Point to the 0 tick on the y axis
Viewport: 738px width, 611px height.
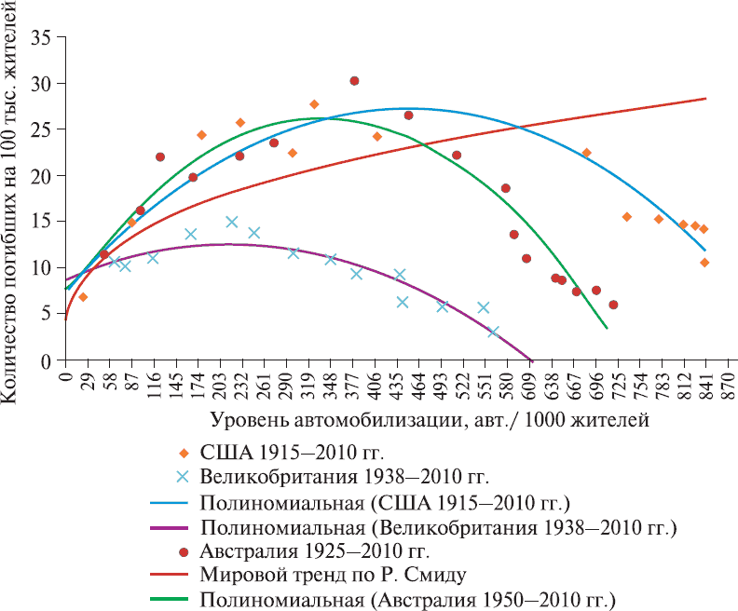click(x=46, y=360)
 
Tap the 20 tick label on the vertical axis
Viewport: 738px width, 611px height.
click(x=42, y=175)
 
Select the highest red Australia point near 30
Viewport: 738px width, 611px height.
click(x=354, y=81)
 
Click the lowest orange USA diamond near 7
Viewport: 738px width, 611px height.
click(x=83, y=297)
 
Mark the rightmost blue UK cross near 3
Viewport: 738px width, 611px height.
click(x=493, y=332)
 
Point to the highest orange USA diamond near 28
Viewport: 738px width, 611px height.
click(x=314, y=104)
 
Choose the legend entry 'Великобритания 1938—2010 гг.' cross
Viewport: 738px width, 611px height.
click(x=183, y=477)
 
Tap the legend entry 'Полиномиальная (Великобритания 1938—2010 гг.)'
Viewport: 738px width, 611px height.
click(x=437, y=525)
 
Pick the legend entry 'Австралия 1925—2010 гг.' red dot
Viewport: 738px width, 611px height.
click(x=183, y=550)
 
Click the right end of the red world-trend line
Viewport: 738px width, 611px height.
click(x=705, y=98)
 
